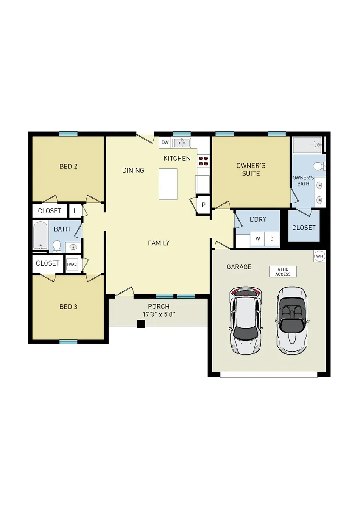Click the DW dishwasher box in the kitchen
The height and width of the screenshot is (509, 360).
point(165,143)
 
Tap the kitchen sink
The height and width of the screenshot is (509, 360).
point(182,143)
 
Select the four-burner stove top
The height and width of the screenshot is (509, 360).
point(203,161)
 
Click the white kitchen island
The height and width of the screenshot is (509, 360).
point(168,184)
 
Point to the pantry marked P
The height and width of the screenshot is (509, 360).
point(204,205)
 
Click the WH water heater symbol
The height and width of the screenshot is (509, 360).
point(319,256)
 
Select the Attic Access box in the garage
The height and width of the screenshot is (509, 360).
point(283,272)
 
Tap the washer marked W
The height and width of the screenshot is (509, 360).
point(257,238)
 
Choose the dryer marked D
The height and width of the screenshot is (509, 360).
point(272,238)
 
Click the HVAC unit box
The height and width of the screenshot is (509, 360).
point(72,264)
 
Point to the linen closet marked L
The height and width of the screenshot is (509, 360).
point(75,211)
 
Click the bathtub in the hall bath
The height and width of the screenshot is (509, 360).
point(41,235)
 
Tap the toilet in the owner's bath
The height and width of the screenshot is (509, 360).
point(319,166)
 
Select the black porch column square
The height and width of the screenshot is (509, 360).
point(141,324)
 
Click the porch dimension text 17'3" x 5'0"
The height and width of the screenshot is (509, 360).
point(159,315)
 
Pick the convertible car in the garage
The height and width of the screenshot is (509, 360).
point(292,321)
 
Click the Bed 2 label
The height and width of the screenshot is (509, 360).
point(68,166)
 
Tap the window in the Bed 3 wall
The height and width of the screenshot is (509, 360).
point(68,342)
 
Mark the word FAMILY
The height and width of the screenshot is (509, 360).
point(159,243)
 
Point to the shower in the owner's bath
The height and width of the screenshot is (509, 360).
point(307,145)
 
